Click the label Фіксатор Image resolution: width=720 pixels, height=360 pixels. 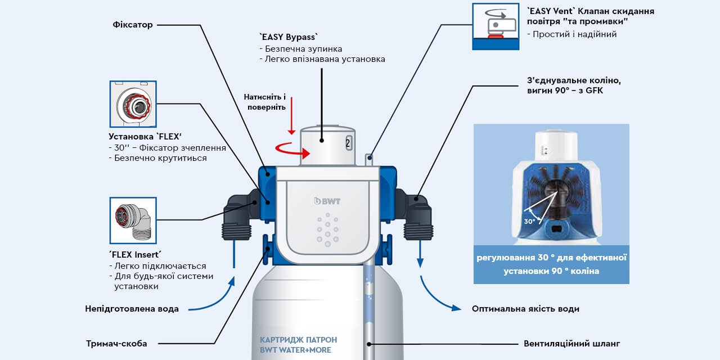(x=133, y=25)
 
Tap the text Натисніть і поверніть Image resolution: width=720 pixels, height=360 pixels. (x=264, y=102)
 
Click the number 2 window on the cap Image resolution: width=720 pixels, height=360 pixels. (x=348, y=142)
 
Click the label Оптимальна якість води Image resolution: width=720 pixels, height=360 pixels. (x=525, y=308)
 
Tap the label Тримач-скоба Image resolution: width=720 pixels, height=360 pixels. (x=116, y=343)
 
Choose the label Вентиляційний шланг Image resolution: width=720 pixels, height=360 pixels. (x=571, y=343)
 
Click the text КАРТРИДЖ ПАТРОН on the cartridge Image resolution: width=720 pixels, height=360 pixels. (x=298, y=340)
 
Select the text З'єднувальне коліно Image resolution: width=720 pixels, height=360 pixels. (x=574, y=80)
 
